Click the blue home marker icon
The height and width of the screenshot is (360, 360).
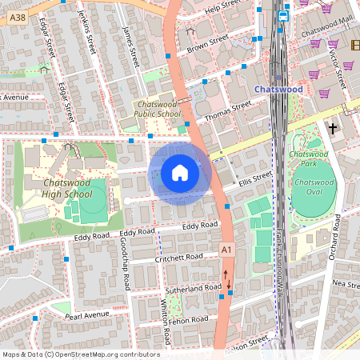pos(180,172)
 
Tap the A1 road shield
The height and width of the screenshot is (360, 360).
pos(227,251)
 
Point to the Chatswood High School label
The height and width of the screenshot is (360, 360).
pos(66,188)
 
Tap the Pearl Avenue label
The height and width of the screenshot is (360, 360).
pos(86,315)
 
